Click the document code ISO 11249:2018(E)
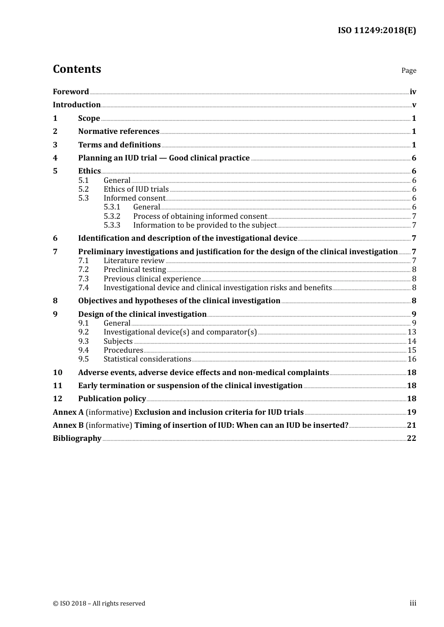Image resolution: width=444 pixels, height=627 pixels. click(377, 30)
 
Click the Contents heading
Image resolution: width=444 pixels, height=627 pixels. click(77, 69)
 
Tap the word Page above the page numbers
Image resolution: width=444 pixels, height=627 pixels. click(408, 70)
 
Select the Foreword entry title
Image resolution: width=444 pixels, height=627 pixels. click(71, 92)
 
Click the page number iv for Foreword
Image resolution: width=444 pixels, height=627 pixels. click(413, 92)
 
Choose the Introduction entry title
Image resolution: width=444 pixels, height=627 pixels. click(77, 105)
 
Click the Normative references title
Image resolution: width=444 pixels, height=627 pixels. click(119, 132)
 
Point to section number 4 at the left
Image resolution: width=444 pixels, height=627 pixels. click(55, 158)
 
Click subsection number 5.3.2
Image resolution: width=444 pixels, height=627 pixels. click(112, 216)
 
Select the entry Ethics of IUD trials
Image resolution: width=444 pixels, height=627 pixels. click(136, 189)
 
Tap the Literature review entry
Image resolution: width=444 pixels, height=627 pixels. click(134, 261)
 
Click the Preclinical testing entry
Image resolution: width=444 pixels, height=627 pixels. click(135, 270)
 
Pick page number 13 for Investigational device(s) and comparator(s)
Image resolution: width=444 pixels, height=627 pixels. click(412, 332)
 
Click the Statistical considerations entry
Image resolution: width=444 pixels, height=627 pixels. click(147, 359)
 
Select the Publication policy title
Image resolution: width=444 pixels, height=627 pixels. click(112, 399)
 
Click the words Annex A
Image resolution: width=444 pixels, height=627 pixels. click(68, 412)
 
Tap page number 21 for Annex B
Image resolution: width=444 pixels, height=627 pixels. click(411, 425)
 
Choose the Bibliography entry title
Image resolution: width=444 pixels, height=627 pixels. click(77, 439)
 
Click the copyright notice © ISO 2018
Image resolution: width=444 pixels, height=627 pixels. click(99, 604)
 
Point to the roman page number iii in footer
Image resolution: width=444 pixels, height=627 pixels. click(413, 603)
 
